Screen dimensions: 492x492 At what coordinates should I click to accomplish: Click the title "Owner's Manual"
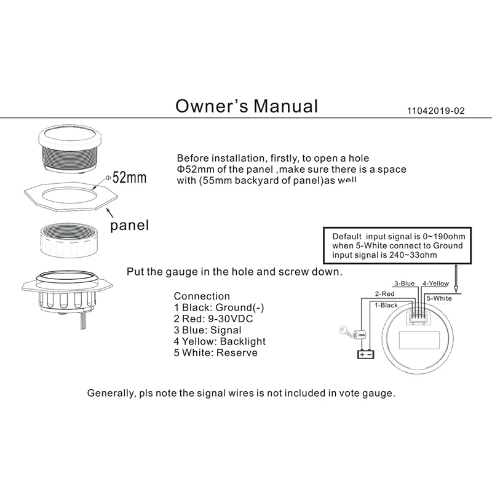click(247, 106)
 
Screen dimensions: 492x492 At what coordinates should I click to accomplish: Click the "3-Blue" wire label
click(403, 284)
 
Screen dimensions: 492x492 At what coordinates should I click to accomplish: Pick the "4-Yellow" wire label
click(437, 284)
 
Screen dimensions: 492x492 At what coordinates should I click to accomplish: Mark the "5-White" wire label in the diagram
click(439, 298)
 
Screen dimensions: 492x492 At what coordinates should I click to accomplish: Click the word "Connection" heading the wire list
click(202, 296)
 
